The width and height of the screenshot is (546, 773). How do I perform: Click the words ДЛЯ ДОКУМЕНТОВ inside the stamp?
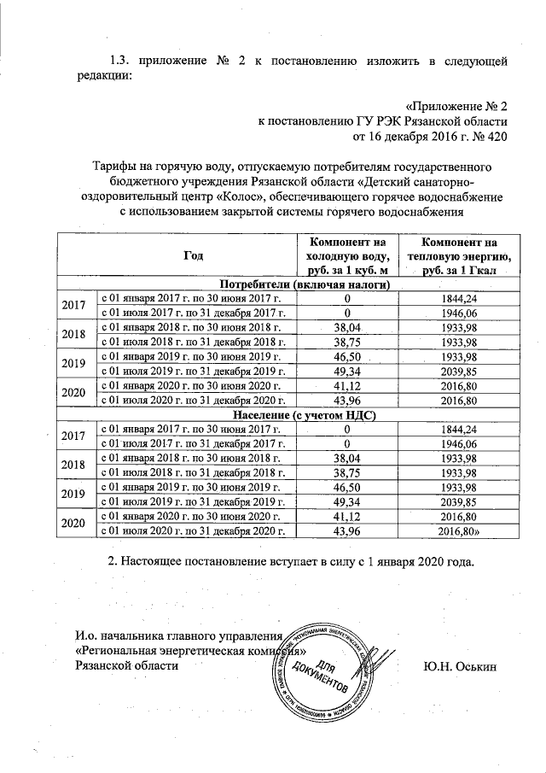click(x=327, y=675)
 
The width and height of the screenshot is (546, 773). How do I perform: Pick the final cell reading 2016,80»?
click(x=460, y=530)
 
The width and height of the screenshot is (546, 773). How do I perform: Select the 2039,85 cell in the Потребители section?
click(x=459, y=370)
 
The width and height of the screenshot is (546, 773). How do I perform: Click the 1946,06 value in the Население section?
click(x=459, y=444)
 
